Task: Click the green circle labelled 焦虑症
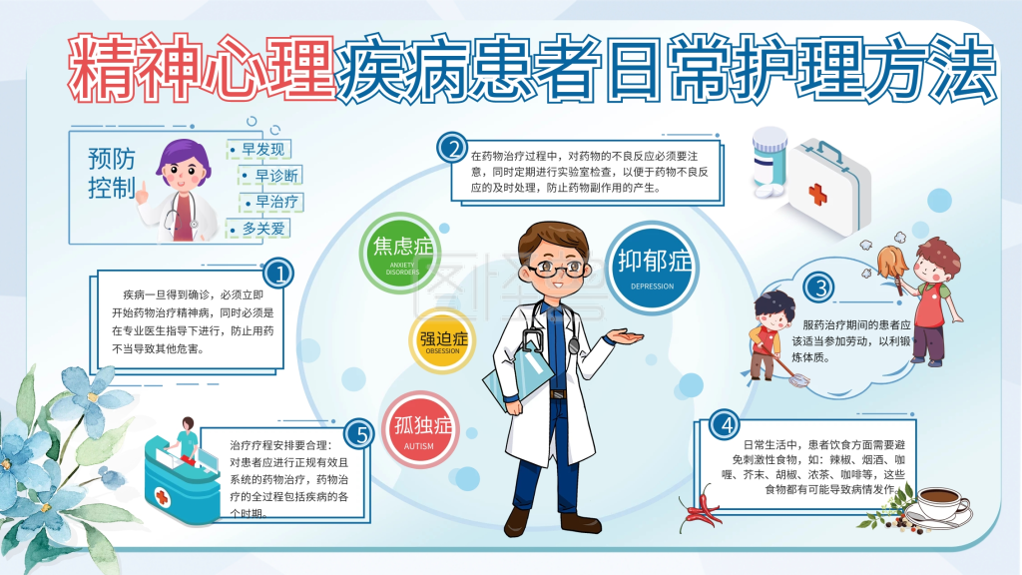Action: click(400, 253)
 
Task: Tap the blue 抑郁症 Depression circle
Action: click(653, 269)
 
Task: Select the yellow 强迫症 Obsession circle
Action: click(442, 340)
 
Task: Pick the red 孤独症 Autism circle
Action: click(420, 430)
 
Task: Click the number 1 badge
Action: click(278, 274)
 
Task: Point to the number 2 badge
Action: click(452, 148)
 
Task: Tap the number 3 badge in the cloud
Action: click(819, 287)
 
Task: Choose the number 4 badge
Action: click(725, 425)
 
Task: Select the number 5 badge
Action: click(359, 433)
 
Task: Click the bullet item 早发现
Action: click(258, 150)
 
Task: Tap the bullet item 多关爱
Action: click(258, 229)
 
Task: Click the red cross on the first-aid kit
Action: click(817, 194)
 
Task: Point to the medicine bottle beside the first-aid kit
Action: click(769, 159)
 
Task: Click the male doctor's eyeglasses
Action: click(555, 268)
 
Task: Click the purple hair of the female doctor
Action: click(184, 158)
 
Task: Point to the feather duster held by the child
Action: click(887, 264)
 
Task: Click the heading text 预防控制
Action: click(112, 173)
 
